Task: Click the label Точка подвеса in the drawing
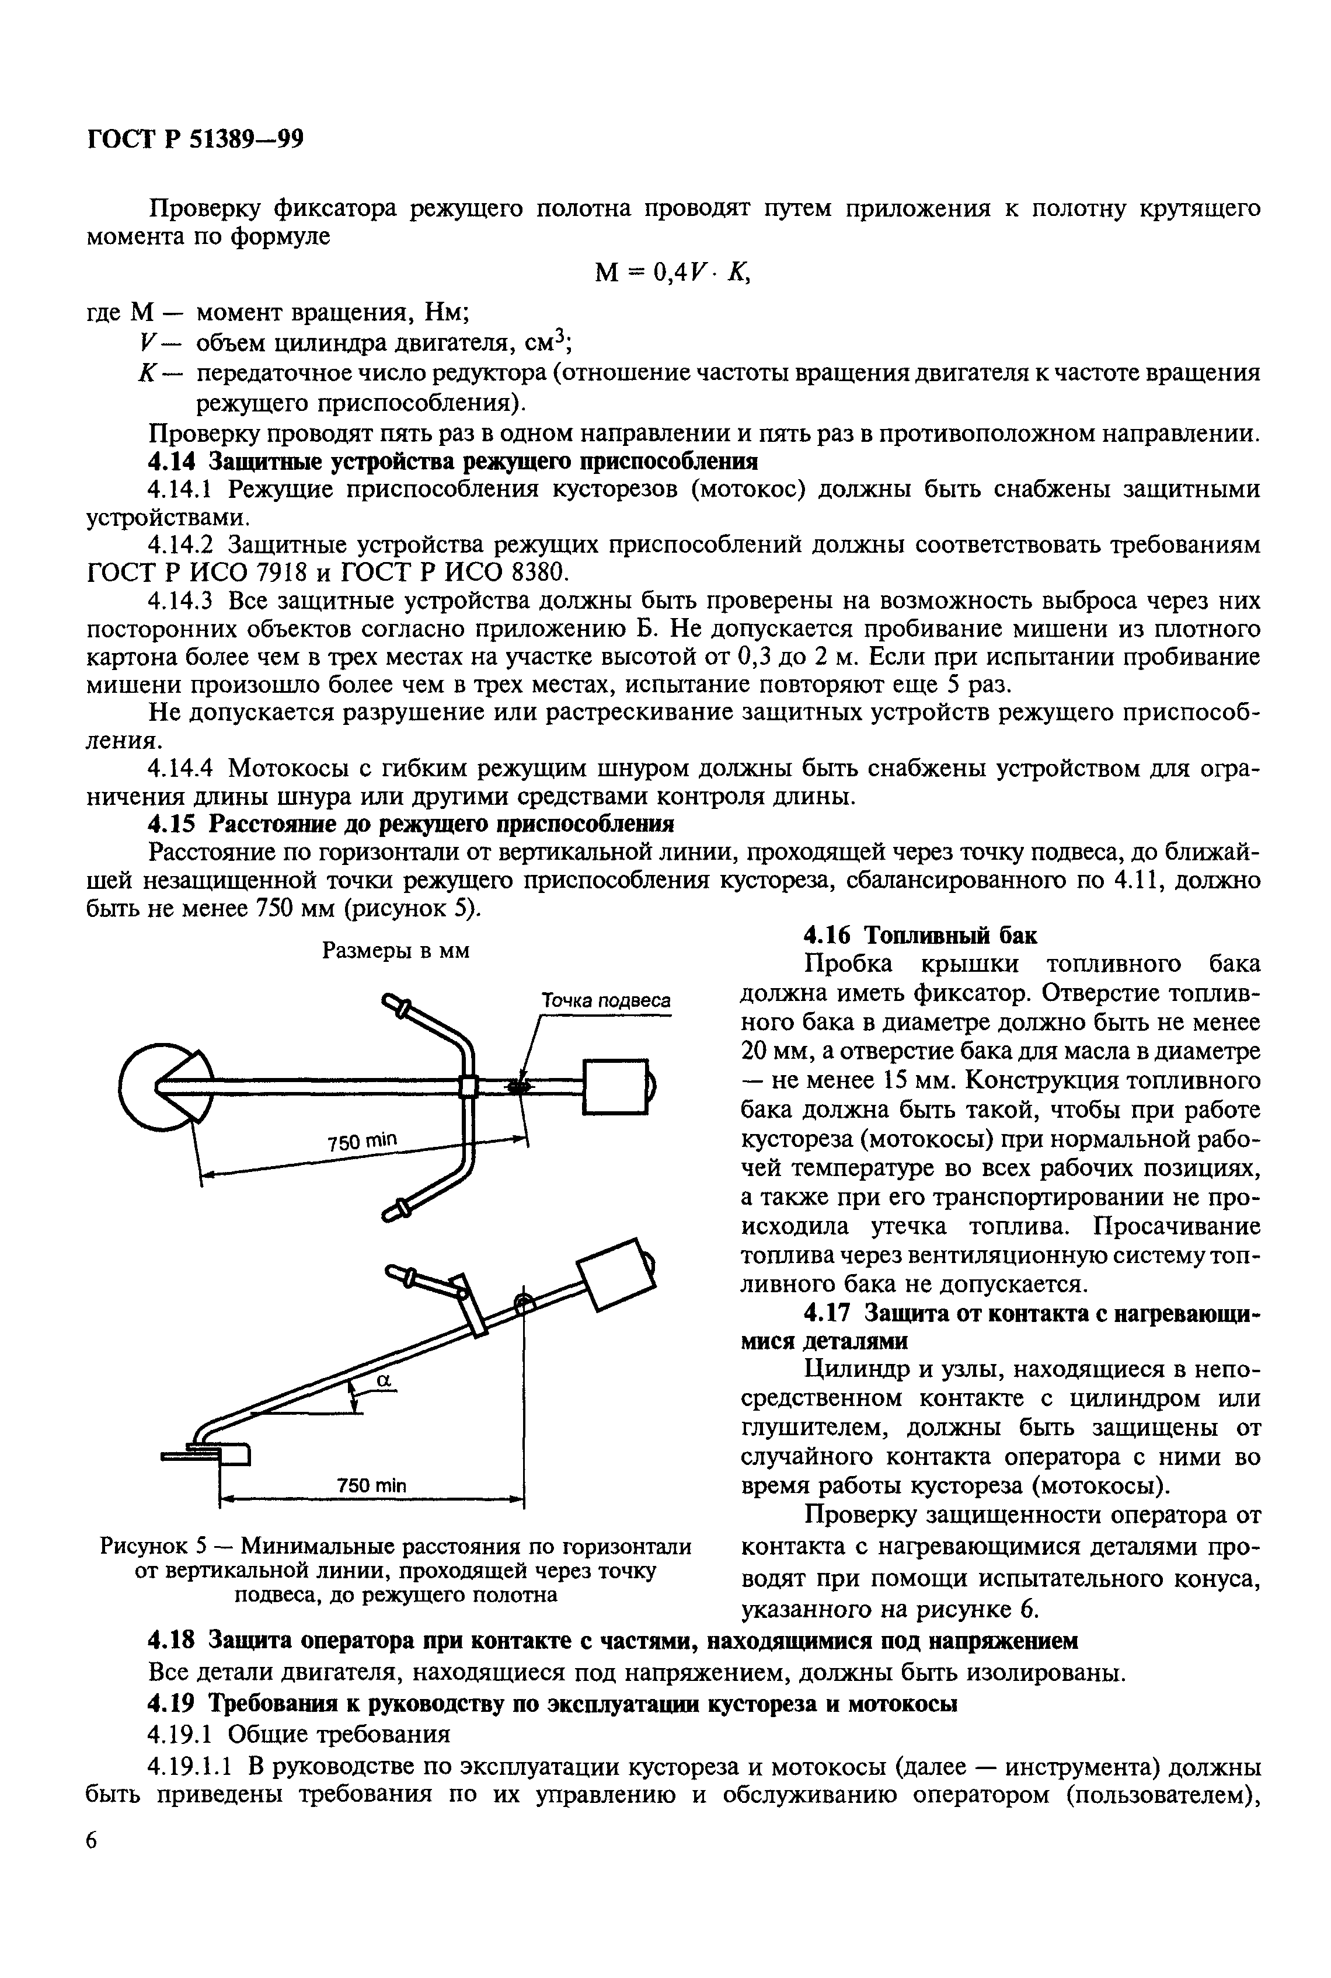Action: [x=606, y=1002]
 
